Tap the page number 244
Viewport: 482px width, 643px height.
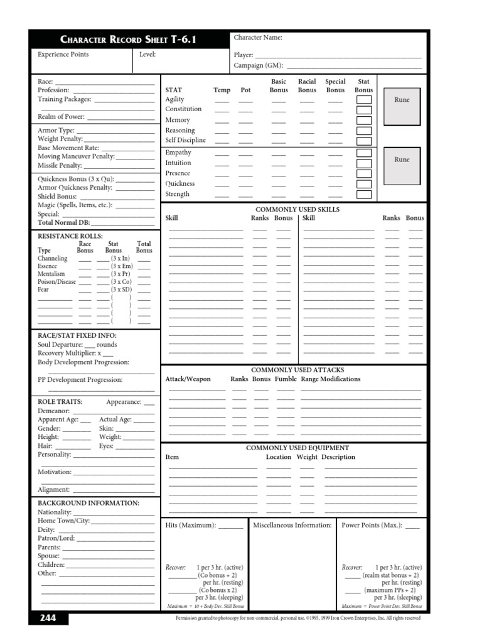coord(48,618)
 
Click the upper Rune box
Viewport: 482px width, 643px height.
coord(401,100)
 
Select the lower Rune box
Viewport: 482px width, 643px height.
coord(401,159)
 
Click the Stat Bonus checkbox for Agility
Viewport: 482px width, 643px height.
coord(363,100)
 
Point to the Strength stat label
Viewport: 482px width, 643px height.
coord(177,194)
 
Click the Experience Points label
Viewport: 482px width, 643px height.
coord(63,55)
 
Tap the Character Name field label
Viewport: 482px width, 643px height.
coord(258,38)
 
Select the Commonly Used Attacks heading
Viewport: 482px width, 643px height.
coord(297,370)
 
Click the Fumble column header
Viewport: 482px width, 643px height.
coord(285,379)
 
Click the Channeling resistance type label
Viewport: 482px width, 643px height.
coord(53,258)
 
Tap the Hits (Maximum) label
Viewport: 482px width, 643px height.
coord(191,525)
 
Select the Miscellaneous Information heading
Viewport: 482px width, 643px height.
coord(292,525)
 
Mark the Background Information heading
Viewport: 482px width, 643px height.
coord(88,503)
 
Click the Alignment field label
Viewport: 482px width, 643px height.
coord(54,489)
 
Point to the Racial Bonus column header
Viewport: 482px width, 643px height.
coord(307,86)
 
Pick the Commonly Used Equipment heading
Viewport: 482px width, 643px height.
coord(297,448)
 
